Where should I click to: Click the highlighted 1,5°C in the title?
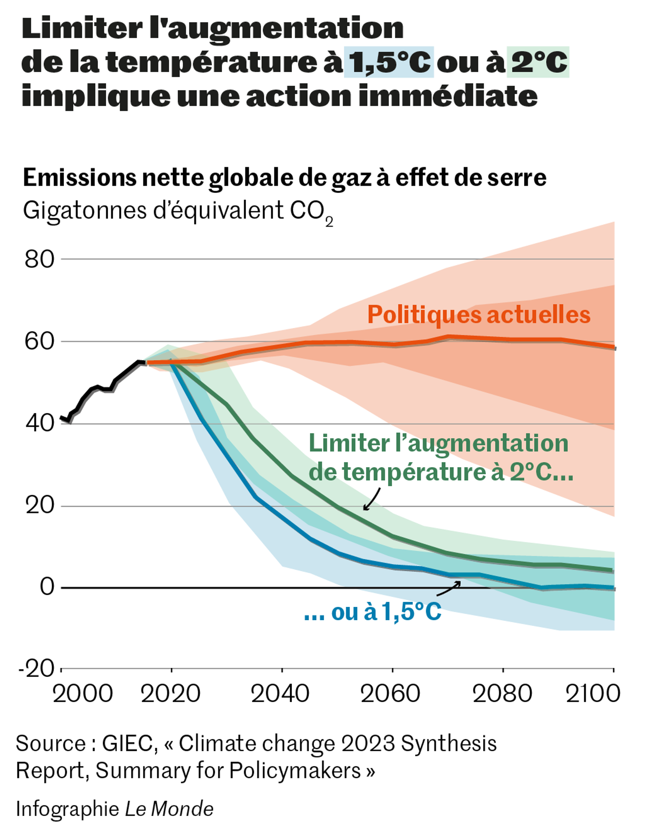point(389,62)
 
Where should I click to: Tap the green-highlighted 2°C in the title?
point(538,62)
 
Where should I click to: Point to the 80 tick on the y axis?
point(40,260)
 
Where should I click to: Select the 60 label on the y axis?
point(40,341)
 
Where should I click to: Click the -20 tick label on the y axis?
point(37,669)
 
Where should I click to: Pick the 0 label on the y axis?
point(47,587)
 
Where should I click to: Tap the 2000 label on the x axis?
point(83,693)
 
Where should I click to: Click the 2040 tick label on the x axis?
point(280,693)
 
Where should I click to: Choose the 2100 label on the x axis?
point(593,693)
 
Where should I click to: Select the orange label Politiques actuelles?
point(479,315)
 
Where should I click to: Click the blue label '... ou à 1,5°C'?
point(373,612)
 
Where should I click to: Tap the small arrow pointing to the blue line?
point(449,588)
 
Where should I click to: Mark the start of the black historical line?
point(63,418)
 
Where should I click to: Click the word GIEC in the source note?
point(127,743)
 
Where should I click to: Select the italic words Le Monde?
point(169,809)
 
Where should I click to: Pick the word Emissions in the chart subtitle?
point(80,178)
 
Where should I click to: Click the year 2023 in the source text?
point(368,743)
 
